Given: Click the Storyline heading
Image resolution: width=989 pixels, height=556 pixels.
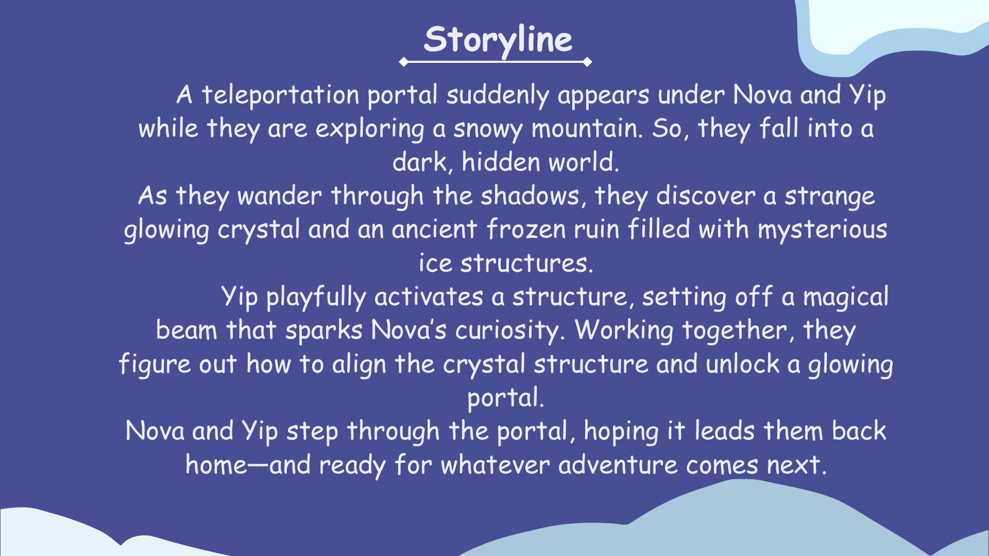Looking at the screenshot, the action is point(498,40).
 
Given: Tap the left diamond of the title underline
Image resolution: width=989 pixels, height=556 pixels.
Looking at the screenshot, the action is point(403,62).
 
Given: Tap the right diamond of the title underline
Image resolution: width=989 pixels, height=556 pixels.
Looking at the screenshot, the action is point(587,62).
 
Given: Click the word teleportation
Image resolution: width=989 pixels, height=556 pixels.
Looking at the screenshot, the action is point(280,95).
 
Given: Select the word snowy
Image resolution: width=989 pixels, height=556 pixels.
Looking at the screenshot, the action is point(487,129).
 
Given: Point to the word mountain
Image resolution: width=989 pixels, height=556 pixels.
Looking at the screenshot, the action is point(587,128).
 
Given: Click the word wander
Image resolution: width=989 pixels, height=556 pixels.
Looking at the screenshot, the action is point(279,196).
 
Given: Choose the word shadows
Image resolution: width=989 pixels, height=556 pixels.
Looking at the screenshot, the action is point(534,196).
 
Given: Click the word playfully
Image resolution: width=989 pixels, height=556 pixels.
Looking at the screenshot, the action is point(316,298).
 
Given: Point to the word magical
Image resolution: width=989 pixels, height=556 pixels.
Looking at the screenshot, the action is point(846,297).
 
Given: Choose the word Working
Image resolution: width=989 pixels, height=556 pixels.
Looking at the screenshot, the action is point(624,331).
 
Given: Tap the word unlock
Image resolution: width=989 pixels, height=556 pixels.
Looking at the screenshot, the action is point(742,364).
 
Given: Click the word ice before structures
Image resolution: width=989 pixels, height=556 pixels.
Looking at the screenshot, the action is point(435,263).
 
